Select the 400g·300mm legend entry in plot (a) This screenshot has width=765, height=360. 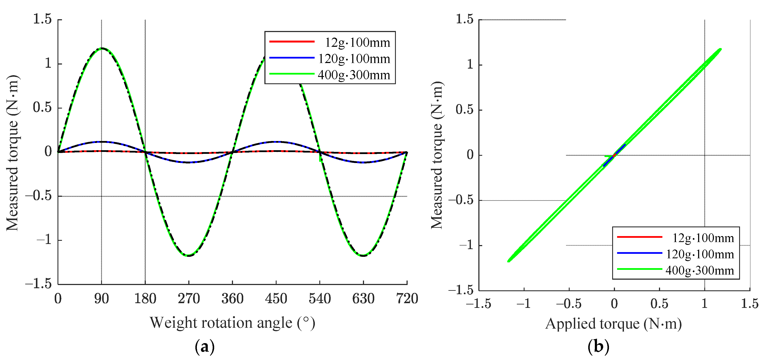click(x=330, y=75)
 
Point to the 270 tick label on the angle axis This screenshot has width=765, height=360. click(x=189, y=298)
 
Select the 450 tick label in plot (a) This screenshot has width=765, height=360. click(x=276, y=298)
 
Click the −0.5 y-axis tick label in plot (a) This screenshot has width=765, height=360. click(x=38, y=196)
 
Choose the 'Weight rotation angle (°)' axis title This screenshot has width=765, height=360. click(x=232, y=323)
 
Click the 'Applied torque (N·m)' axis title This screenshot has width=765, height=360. click(x=613, y=324)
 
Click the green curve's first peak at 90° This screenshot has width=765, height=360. click(x=102, y=48)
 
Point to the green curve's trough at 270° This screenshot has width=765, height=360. click(x=189, y=256)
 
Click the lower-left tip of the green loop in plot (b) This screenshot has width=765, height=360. click(x=509, y=261)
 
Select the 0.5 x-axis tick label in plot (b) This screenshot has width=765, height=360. click(x=659, y=304)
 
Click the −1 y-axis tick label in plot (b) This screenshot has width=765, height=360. click(x=466, y=245)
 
